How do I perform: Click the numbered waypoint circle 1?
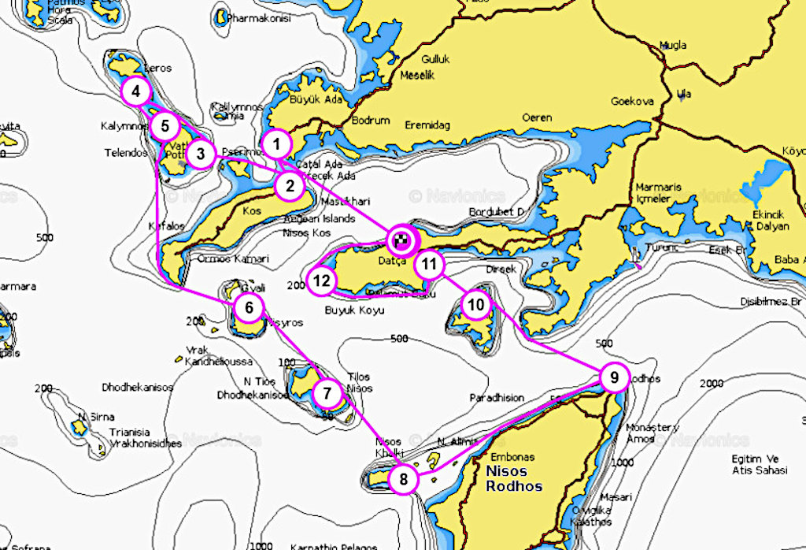pos(276,145)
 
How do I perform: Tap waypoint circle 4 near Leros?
pos(136,92)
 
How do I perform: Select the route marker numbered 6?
pos(249,307)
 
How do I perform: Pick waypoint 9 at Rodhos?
pos(613,378)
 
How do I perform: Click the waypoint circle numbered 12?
pos(321,281)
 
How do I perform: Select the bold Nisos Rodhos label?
pos(515,478)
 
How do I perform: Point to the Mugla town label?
pos(673,45)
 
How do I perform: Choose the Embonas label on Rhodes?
pos(512,457)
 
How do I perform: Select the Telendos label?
pos(126,153)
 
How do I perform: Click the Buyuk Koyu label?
pos(355,310)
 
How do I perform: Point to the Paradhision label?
pos(496,397)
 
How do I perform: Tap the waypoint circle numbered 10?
pos(475,304)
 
